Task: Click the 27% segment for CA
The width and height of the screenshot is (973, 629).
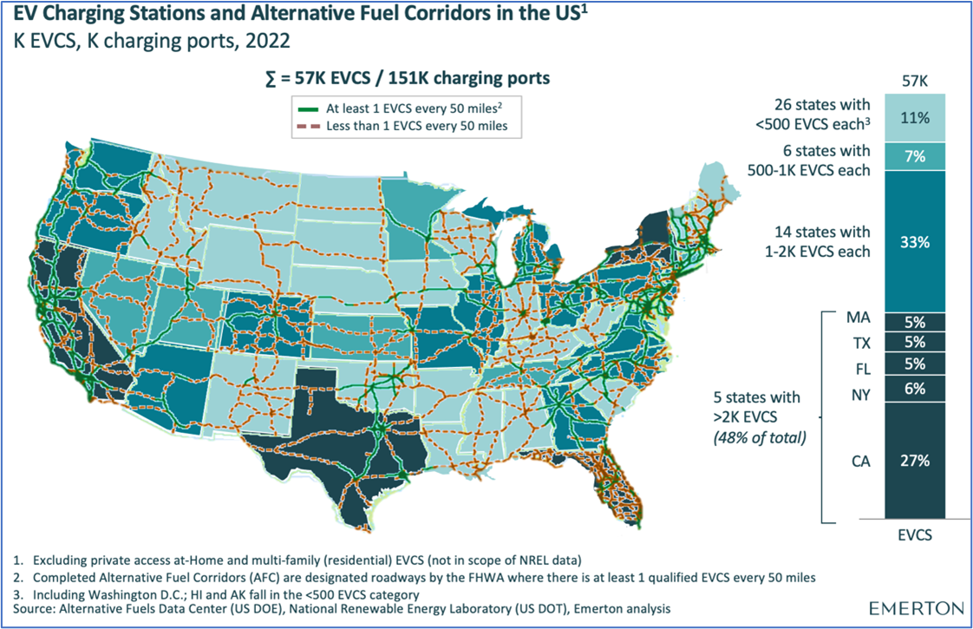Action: (914, 461)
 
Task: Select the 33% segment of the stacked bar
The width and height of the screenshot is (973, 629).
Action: (914, 242)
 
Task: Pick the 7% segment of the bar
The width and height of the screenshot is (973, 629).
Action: (914, 156)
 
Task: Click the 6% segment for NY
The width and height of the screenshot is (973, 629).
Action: (914, 389)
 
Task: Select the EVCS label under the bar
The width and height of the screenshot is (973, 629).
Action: (914, 535)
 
